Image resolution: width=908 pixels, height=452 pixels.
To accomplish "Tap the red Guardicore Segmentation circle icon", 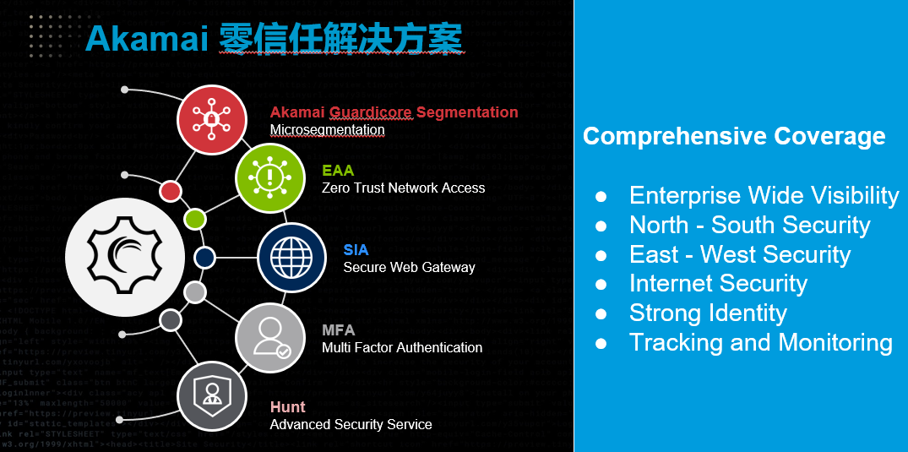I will (211, 119).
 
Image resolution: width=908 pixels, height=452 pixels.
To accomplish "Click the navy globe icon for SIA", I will (291, 257).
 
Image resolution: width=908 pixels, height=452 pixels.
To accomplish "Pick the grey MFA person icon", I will (269, 337).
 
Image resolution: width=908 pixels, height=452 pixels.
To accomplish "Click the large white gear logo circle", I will (125, 257).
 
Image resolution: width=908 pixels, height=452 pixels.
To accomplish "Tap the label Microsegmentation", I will (327, 130).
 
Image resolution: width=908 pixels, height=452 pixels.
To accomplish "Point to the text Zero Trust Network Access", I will (403, 188).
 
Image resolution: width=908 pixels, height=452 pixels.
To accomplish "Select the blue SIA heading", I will (356, 250).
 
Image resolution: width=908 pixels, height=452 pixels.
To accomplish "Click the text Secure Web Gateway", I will (409, 267).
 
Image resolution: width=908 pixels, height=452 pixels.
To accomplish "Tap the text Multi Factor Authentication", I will (402, 347).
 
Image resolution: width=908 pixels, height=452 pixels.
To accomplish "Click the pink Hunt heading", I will (287, 407).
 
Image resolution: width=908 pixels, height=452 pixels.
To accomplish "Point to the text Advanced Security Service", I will (351, 424).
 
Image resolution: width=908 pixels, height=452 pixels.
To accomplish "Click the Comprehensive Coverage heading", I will (733, 136).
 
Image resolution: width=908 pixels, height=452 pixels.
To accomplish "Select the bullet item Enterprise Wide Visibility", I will (764, 196).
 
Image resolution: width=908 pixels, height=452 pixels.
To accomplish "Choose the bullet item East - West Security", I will (739, 254).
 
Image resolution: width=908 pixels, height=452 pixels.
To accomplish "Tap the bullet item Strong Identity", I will (708, 313).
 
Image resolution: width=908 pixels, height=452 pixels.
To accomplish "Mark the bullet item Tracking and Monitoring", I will (760, 342).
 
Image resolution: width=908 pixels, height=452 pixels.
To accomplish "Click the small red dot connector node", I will (171, 191).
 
